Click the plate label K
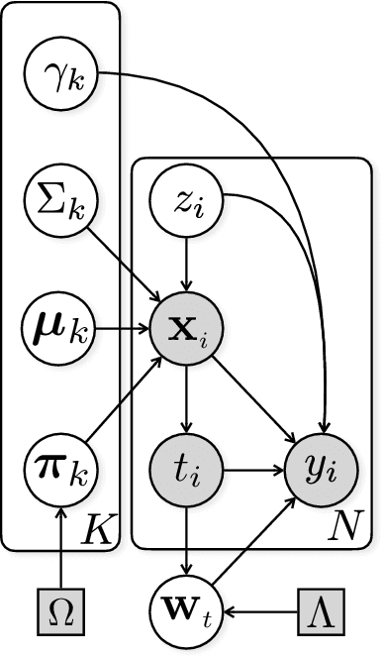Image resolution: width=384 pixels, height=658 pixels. pyautogui.click(x=100, y=526)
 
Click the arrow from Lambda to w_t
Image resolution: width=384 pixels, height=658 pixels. pyautogui.click(x=267, y=601)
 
